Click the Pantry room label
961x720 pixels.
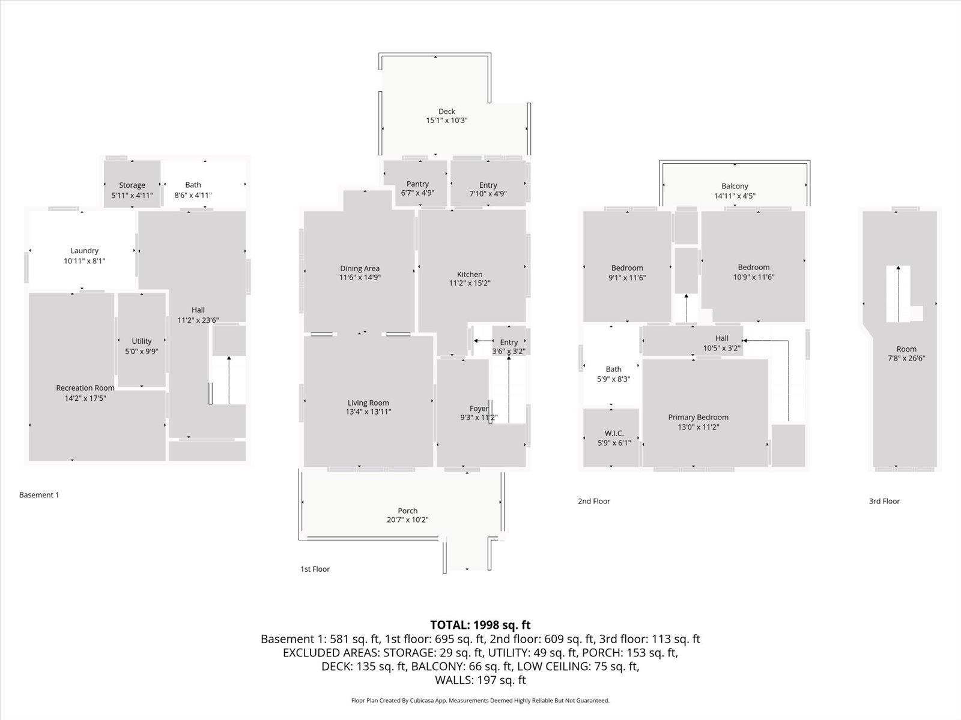tap(417, 184)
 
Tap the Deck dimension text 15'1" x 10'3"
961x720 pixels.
tap(446, 121)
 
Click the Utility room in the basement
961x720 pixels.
tap(142, 341)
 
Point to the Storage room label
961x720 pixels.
tap(132, 185)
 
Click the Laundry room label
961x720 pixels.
tap(84, 251)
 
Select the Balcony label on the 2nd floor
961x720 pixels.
tap(735, 186)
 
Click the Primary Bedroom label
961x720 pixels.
tap(698, 417)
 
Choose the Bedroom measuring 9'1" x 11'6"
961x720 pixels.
tap(627, 268)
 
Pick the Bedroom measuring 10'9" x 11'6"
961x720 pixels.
tap(753, 268)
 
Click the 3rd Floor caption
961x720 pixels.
tap(884, 501)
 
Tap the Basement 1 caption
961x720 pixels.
tap(39, 495)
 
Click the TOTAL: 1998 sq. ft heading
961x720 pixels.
tap(480, 625)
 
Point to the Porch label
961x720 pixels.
tap(407, 511)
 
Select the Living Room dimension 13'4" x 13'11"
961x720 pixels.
tap(369, 412)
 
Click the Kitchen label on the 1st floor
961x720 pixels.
tap(470, 274)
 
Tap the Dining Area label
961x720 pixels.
tap(360, 268)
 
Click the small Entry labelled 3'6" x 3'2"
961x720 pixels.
tap(509, 343)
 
